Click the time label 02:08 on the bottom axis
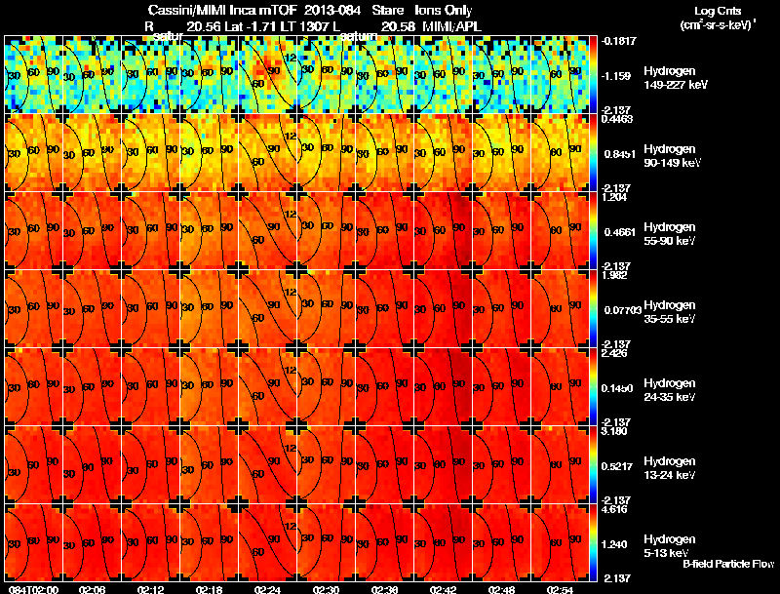coord(93,589)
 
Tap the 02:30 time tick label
coord(326,589)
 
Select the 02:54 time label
coord(560,589)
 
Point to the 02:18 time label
coord(210,589)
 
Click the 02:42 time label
coord(443,589)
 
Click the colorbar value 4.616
coord(614,510)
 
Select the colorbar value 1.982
coord(614,276)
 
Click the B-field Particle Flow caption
coord(727,564)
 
